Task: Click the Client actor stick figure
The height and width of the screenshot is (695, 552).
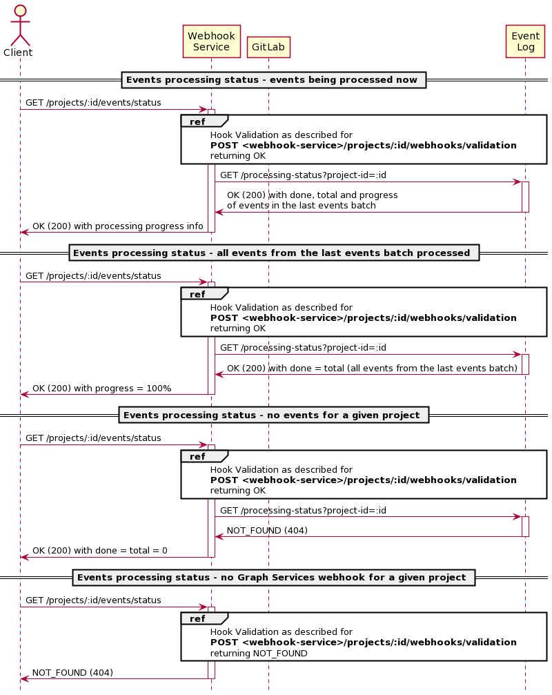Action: (20, 26)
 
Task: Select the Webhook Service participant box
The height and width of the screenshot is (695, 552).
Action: (211, 41)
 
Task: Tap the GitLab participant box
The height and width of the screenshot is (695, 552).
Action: (268, 47)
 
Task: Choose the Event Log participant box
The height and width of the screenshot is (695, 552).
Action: (525, 41)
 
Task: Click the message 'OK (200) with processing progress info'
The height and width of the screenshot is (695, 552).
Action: (118, 226)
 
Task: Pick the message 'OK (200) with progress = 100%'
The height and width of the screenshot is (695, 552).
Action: (102, 389)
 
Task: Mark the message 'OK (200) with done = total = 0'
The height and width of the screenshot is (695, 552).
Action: (100, 551)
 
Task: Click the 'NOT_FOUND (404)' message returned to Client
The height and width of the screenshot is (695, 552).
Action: (72, 673)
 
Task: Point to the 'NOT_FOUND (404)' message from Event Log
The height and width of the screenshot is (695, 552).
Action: (267, 531)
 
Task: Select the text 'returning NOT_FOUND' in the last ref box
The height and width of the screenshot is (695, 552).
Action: (259, 654)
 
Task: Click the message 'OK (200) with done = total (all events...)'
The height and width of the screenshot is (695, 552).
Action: (372, 369)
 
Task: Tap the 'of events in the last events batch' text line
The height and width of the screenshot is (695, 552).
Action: (302, 206)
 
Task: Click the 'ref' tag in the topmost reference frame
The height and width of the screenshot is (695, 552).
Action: (197, 121)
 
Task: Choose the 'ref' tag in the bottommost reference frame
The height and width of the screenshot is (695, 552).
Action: (197, 619)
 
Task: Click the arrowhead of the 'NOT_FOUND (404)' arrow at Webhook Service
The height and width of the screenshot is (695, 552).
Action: (219, 537)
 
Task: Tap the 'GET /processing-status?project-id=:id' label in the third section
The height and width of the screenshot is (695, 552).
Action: (303, 511)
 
